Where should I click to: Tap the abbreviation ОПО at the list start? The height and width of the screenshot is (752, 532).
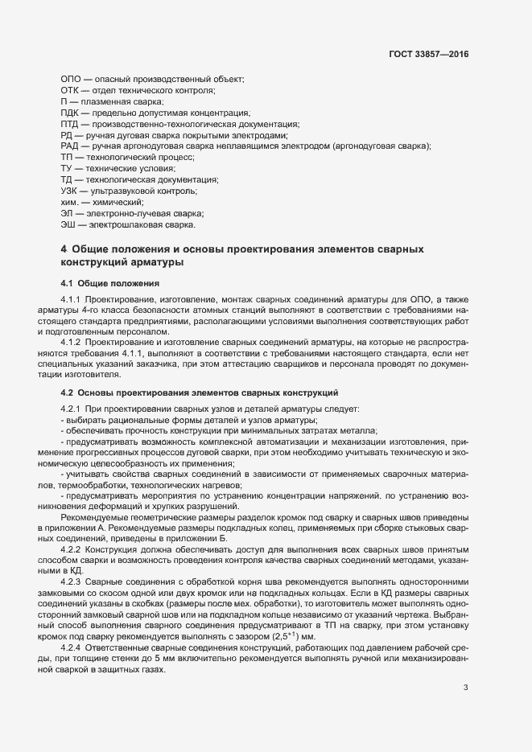click(x=71, y=78)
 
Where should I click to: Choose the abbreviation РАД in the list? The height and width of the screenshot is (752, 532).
click(x=71, y=146)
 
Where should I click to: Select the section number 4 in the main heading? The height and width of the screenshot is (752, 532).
click(x=64, y=250)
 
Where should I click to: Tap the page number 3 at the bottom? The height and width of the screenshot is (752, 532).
click(x=465, y=687)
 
